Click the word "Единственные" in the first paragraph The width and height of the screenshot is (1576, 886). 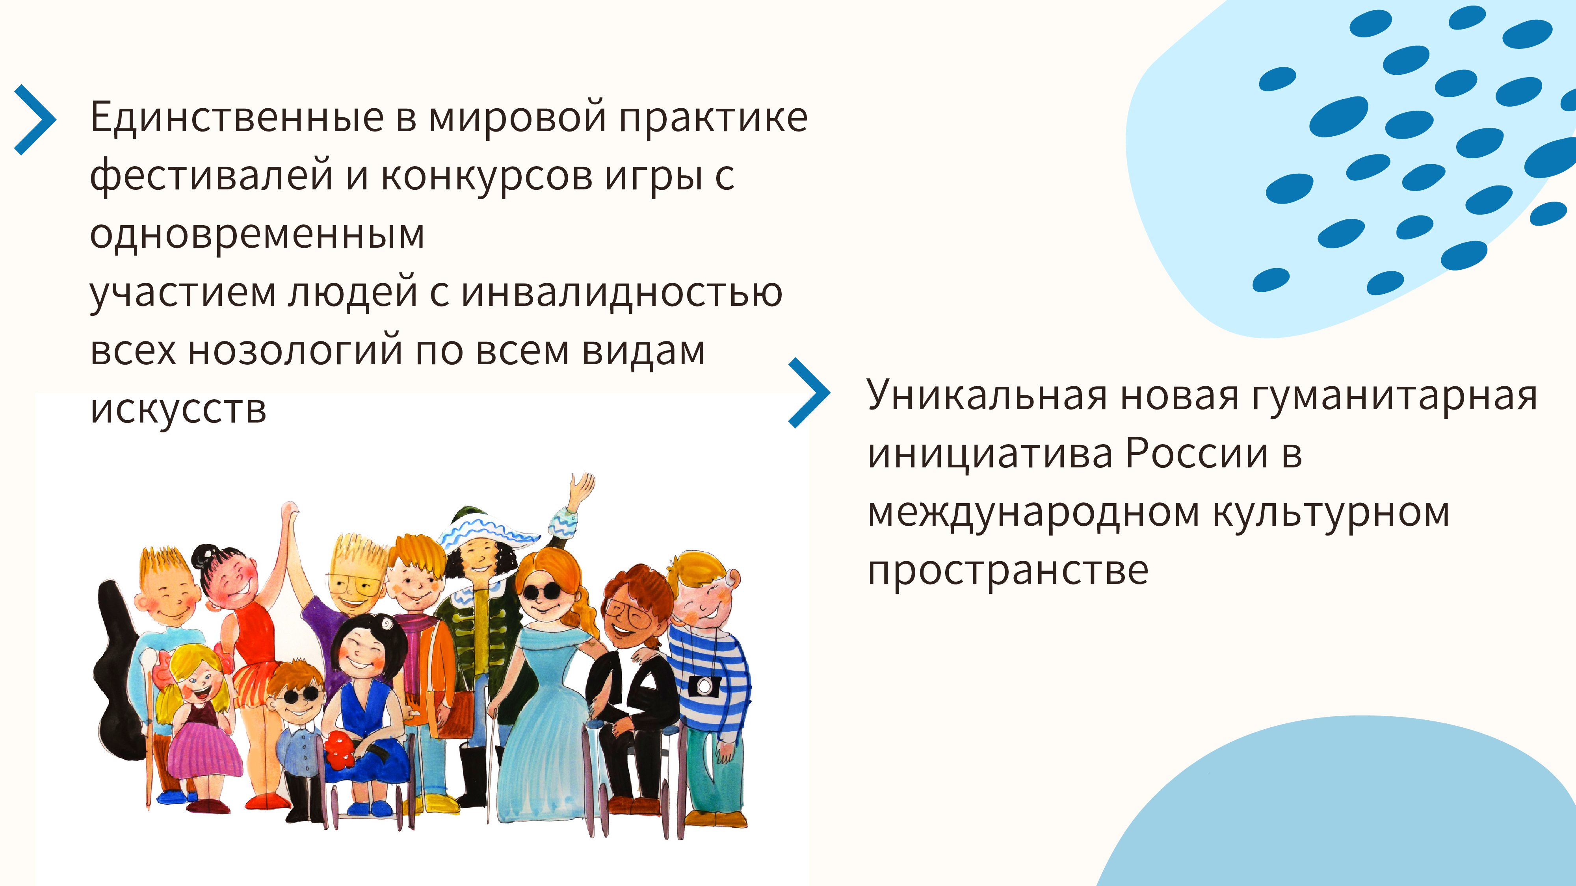coord(237,117)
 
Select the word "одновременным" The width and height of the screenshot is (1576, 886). coord(257,234)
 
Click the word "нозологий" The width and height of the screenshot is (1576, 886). coord(295,352)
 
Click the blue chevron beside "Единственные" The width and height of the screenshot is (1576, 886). coord(35,120)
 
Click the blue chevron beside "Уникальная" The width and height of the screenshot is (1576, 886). coord(809,393)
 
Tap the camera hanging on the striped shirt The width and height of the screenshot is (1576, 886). coord(704,686)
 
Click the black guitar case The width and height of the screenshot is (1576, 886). coord(116,669)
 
